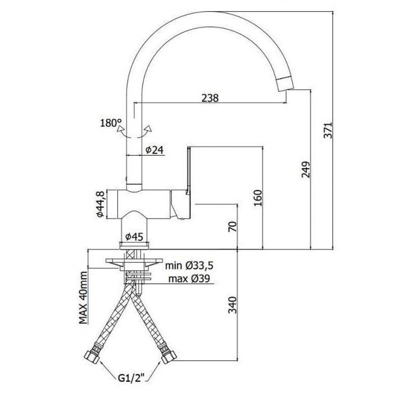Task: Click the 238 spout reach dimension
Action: [x=210, y=98]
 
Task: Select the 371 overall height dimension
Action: [x=328, y=130]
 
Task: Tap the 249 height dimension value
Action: [x=306, y=169]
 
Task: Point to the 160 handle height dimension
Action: [x=257, y=198]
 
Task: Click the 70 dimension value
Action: [x=233, y=226]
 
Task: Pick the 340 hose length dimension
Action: [x=232, y=305]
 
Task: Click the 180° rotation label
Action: [x=111, y=123]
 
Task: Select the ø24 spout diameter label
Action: [x=154, y=150]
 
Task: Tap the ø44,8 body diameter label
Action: [x=100, y=204]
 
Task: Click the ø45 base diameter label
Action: [x=134, y=237]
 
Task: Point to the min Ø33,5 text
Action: [x=189, y=265]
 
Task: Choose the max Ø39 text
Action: [x=189, y=279]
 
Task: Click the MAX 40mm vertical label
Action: [x=83, y=298]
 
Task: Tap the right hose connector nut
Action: [x=169, y=357]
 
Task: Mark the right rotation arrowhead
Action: [x=148, y=129]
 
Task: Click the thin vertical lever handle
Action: [x=189, y=170]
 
